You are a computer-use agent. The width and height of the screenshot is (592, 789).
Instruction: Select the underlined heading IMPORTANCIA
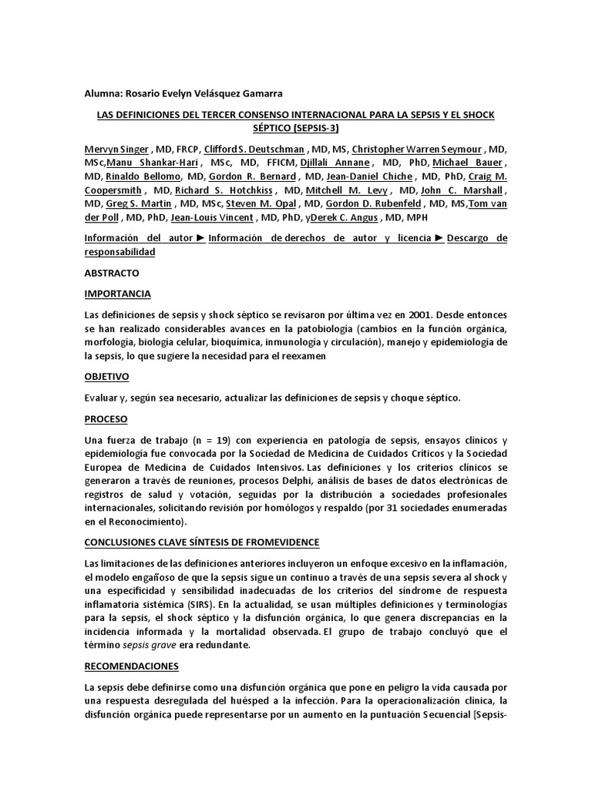coord(117,294)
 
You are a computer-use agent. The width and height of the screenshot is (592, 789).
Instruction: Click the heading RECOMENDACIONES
coord(131,666)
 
